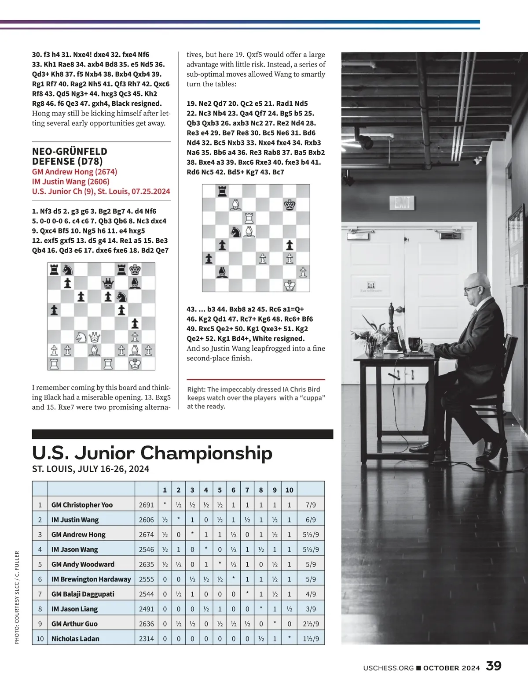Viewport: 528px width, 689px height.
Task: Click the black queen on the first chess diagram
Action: (x=108, y=283)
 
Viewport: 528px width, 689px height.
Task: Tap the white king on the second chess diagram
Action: (x=290, y=285)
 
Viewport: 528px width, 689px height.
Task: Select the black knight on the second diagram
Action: (x=236, y=232)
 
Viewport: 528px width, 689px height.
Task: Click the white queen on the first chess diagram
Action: (x=95, y=337)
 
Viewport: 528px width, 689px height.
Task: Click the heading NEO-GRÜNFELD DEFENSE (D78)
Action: (x=70, y=156)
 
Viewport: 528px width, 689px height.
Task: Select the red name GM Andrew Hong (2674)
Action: (x=74, y=172)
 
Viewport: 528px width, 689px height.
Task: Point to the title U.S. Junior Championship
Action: (x=152, y=453)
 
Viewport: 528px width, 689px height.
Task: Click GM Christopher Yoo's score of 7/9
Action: (x=311, y=505)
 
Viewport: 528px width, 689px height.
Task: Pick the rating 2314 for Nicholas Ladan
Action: (x=147, y=638)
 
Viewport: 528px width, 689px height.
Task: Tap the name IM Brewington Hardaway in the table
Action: (x=91, y=579)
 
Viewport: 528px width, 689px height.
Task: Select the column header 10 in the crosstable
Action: (x=289, y=490)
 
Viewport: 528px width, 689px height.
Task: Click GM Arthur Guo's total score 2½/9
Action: (x=311, y=624)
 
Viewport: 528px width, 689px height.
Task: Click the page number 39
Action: (x=494, y=666)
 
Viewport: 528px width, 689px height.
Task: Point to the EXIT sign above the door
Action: (x=402, y=203)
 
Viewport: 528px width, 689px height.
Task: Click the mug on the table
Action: (x=414, y=343)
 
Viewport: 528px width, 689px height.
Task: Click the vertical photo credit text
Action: (x=17, y=597)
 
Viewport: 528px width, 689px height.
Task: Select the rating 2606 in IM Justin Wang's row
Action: (x=147, y=520)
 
